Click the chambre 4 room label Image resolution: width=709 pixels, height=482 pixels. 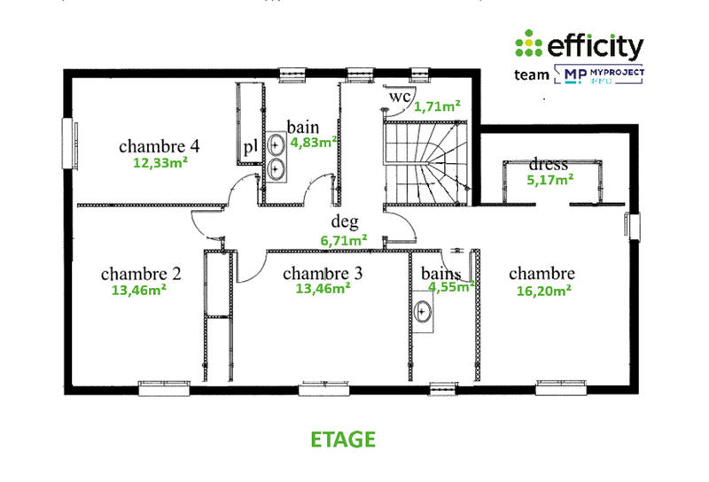(159, 146)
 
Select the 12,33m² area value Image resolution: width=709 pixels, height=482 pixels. (160, 162)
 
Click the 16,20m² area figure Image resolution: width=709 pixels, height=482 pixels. (541, 289)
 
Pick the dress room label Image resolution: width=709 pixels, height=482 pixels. (548, 165)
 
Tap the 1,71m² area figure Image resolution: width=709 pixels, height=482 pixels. (438, 106)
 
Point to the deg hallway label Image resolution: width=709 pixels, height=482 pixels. (344, 222)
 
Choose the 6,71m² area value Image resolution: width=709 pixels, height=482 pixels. (344, 239)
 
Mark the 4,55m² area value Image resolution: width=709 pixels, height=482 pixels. (452, 286)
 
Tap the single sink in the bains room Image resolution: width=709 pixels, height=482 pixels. (424, 311)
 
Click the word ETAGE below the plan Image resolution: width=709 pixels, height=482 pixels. (343, 439)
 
